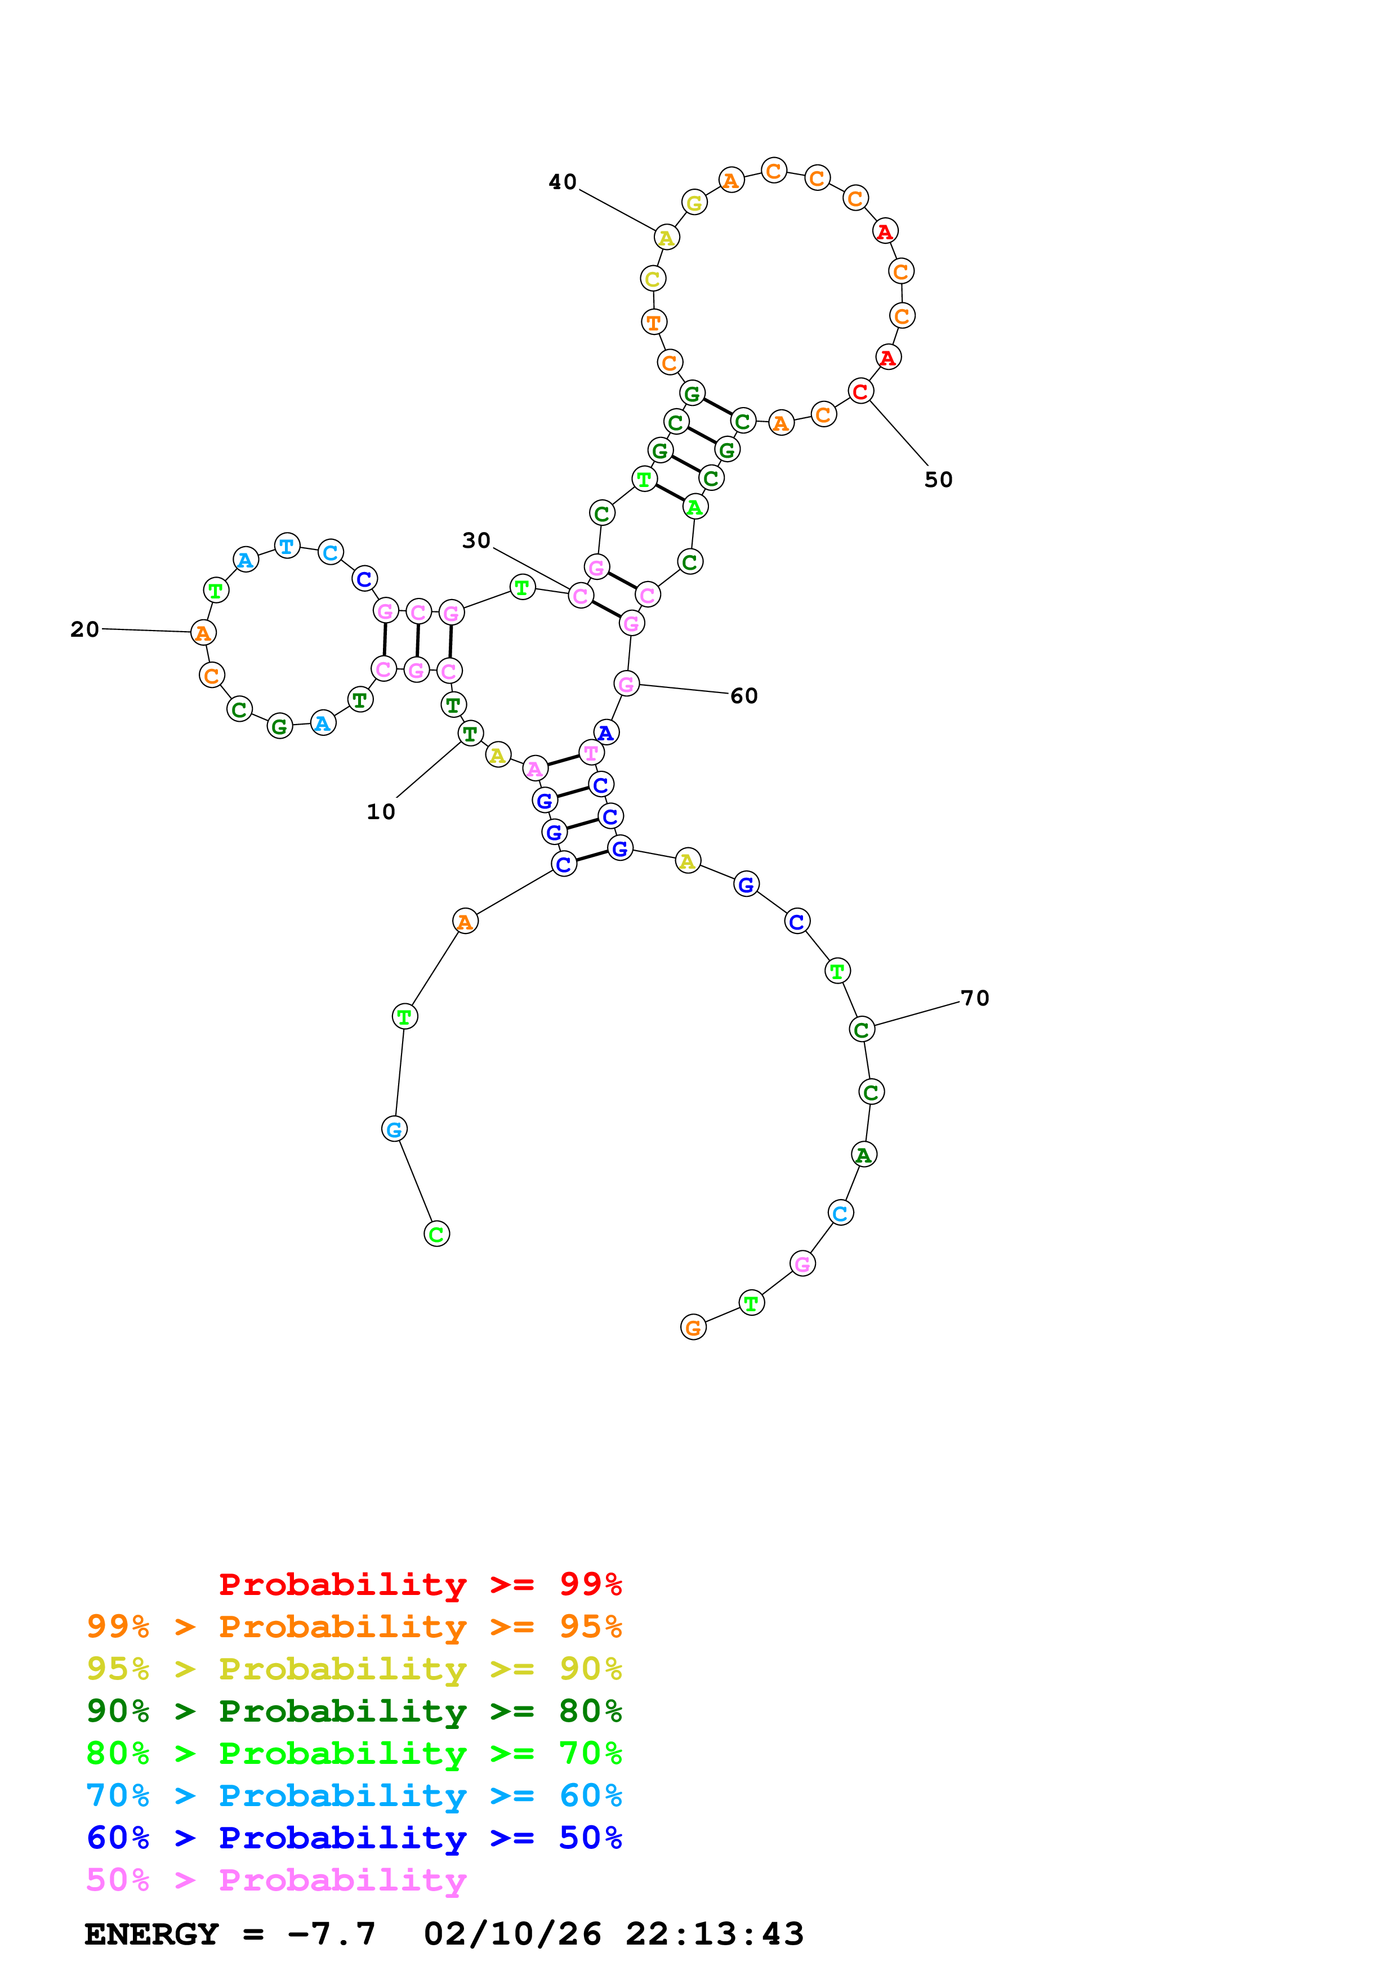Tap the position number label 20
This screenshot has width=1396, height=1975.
pos(84,629)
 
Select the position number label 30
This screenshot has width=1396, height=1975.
pos(476,541)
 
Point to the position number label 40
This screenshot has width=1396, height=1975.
pos(563,182)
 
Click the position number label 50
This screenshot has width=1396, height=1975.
pos(938,480)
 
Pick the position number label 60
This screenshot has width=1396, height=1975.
pos(744,696)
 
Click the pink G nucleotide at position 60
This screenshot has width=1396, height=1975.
pos(627,684)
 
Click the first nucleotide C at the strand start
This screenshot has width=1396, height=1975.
pos(437,1234)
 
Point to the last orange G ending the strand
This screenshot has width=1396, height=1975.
pos(693,1328)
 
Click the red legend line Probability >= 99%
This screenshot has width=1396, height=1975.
pos(420,1584)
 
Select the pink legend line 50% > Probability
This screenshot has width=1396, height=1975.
pos(276,1880)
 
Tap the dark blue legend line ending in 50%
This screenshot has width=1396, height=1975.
pos(354,1838)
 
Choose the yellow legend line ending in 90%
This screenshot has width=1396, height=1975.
pos(354,1669)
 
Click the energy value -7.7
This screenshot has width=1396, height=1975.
pos(331,1934)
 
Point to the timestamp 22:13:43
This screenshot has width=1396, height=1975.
pos(714,1934)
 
